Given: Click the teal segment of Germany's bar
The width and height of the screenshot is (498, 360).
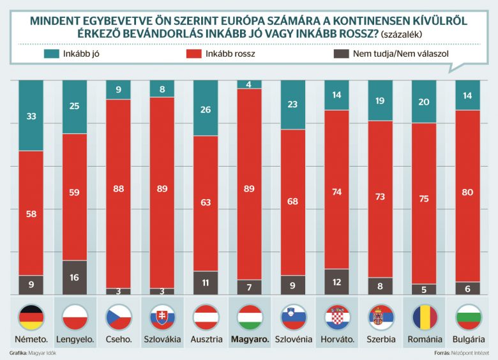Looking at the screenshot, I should click(x=31, y=116).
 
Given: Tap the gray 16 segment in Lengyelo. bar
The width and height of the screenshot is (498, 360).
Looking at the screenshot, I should click(x=75, y=277).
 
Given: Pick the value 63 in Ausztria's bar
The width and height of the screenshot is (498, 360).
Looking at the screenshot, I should click(x=206, y=204).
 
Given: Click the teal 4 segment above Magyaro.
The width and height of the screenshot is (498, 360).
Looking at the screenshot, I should click(x=249, y=84).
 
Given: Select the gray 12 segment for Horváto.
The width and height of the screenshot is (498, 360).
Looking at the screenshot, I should click(x=336, y=281).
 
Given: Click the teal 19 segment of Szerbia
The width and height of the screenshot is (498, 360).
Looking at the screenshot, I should click(x=379, y=100).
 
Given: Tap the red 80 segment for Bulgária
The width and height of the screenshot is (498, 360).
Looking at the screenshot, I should click(x=467, y=196).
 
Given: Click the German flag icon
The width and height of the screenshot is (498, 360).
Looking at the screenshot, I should click(x=31, y=316).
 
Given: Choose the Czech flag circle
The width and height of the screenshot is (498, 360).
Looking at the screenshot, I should click(x=118, y=316).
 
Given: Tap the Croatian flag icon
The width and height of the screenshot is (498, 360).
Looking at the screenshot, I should click(x=336, y=316).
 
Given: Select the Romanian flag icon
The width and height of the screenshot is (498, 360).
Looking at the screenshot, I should click(x=423, y=316).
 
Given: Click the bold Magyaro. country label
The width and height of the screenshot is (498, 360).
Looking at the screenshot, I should click(x=249, y=339).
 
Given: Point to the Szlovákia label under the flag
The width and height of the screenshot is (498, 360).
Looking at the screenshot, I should click(x=162, y=339).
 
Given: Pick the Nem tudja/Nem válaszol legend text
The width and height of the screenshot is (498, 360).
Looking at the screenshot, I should click(x=401, y=54).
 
